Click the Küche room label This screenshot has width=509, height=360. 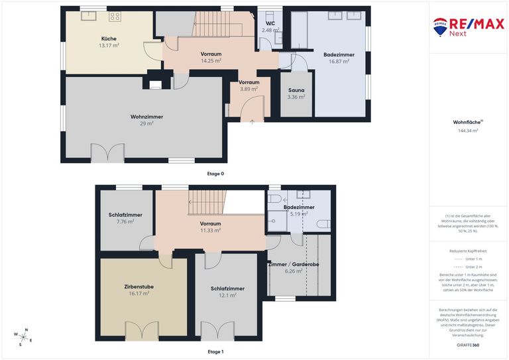pyautogui.click(x=109, y=38)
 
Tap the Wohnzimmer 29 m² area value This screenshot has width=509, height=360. pyautogui.click(x=146, y=123)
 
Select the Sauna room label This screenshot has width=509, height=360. pyautogui.click(x=296, y=90)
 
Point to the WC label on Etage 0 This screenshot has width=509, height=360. pyautogui.click(x=270, y=23)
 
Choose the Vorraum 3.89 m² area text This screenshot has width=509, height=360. pyautogui.click(x=249, y=89)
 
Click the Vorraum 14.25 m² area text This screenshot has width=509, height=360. pyautogui.click(x=211, y=60)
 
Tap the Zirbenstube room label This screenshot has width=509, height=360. pyautogui.click(x=139, y=286)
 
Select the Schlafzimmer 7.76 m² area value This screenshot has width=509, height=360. pyautogui.click(x=125, y=221)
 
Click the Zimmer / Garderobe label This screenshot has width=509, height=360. pyautogui.click(x=294, y=265)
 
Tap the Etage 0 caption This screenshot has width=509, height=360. pyautogui.click(x=215, y=173)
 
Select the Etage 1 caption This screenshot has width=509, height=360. pyautogui.click(x=215, y=351)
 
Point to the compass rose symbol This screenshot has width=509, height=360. pyautogui.click(x=23, y=337)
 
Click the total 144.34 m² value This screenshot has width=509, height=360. pyautogui.click(x=468, y=131)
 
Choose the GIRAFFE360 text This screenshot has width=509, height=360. pyautogui.click(x=468, y=345)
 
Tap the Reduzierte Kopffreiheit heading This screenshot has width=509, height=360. pyautogui.click(x=468, y=252)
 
